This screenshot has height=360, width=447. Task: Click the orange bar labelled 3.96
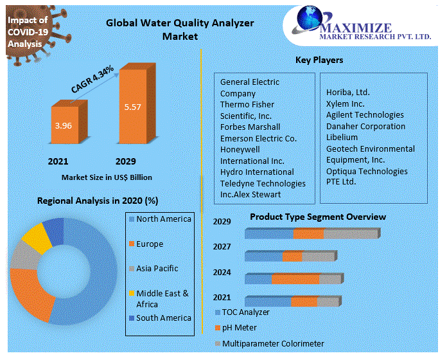[64, 126]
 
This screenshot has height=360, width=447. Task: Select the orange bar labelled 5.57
[133, 107]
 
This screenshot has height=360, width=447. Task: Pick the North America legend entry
[163, 219]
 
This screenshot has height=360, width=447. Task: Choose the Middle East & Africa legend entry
[162, 298]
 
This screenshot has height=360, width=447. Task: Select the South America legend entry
[163, 318]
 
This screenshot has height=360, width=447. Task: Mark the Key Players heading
[319, 60]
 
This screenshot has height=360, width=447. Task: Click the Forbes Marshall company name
[250, 127]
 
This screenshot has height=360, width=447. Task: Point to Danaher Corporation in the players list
[365, 127]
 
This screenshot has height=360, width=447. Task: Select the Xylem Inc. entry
[345, 104]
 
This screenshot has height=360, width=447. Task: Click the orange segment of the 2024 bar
[295, 279]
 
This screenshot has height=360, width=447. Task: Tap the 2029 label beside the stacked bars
[222, 222]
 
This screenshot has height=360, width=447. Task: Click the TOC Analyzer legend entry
[245, 312]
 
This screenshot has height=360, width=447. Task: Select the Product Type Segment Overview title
[318, 217]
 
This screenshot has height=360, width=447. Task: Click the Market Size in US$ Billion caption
[107, 177]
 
